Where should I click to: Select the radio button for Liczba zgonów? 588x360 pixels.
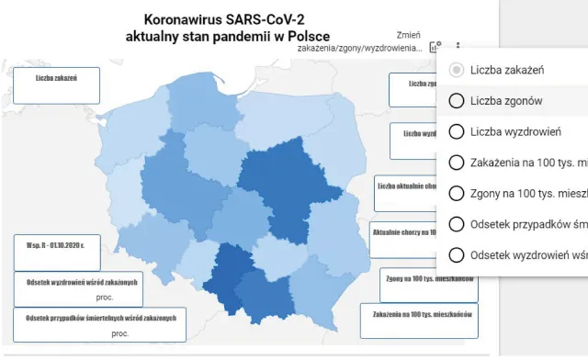pos(457,100)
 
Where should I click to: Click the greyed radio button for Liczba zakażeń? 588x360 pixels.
pos(457,70)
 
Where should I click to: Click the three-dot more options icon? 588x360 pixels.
pos(458,46)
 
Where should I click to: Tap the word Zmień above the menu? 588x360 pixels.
pos(409,33)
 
